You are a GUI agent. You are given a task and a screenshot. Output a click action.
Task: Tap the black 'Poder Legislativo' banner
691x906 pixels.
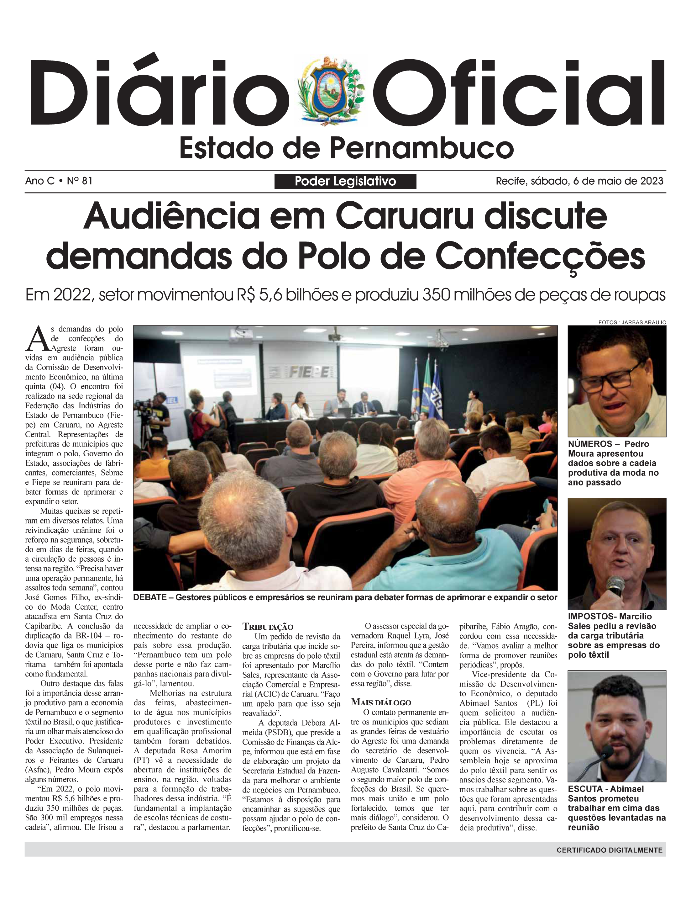coord(345,181)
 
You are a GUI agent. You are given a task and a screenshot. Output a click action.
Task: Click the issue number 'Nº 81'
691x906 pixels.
coord(79,181)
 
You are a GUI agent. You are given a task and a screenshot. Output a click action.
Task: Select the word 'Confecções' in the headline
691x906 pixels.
coord(540,257)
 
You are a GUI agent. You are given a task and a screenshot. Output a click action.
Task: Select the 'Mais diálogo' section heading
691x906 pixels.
coord(381,702)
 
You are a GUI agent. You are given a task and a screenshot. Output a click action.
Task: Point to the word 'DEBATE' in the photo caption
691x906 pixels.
coord(150,597)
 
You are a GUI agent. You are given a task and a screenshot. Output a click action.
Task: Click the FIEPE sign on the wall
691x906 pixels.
coord(309,373)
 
